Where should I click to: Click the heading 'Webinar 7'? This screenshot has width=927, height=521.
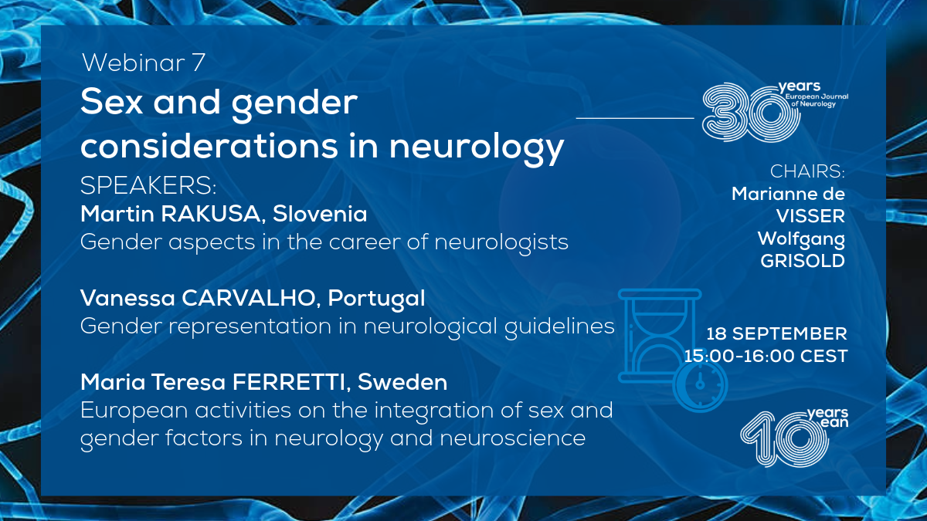click(143, 63)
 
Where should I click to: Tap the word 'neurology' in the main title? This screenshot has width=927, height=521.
click(477, 147)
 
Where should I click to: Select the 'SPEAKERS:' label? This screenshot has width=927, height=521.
click(148, 186)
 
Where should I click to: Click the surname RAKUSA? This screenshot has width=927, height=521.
click(211, 215)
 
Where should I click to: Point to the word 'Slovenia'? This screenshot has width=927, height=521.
click(320, 215)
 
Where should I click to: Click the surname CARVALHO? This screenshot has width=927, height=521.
click(248, 298)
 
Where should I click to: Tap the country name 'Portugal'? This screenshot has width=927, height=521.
click(376, 299)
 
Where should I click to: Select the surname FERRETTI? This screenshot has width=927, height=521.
click(288, 382)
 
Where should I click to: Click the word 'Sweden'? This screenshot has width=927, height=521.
click(402, 382)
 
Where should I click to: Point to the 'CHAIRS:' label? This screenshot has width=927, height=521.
click(807, 171)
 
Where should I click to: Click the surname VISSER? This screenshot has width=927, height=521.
click(810, 216)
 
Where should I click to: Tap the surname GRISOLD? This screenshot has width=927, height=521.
click(803, 261)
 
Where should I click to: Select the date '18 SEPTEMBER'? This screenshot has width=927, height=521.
click(776, 334)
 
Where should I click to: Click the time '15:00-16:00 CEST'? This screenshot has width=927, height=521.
click(766, 356)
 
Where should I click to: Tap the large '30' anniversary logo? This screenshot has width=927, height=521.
click(750, 113)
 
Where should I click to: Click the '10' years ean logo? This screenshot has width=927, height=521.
click(784, 439)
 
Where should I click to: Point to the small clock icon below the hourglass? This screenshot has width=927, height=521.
click(700, 384)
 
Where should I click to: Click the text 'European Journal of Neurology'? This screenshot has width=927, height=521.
click(817, 100)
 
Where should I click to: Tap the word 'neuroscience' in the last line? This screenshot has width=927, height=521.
click(512, 438)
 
